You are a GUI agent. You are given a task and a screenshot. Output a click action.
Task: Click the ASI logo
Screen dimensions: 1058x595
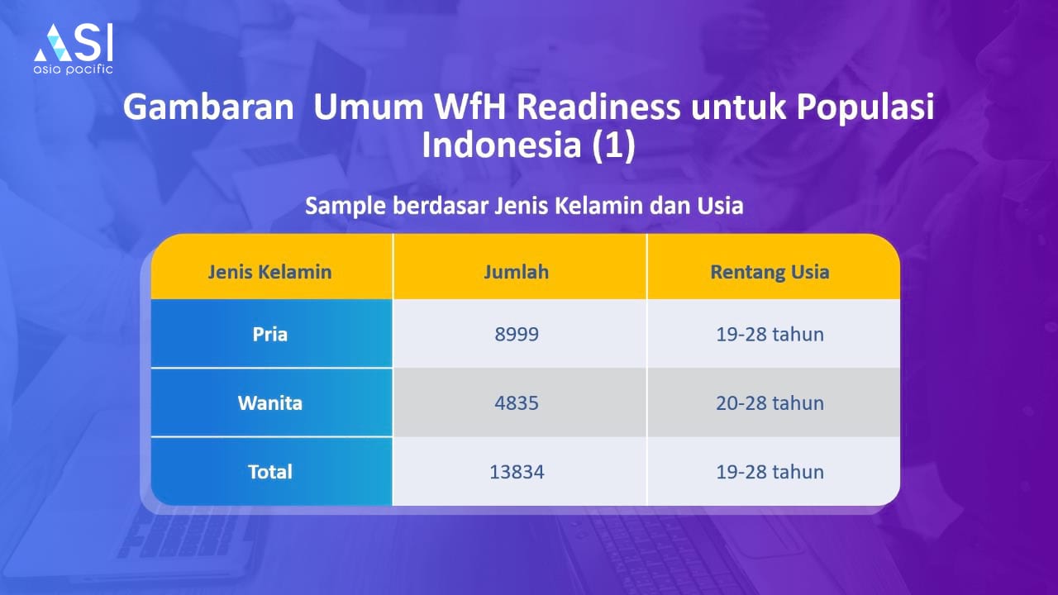pos(74,49)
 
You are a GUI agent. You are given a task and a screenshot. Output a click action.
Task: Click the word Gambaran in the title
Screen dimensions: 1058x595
pos(209,107)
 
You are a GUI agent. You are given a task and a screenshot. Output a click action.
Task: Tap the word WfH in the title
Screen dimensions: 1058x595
pos(469,107)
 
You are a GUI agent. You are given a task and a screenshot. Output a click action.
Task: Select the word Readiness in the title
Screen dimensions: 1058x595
pos(598,107)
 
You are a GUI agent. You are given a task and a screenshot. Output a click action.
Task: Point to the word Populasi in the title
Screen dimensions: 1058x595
pos(865,107)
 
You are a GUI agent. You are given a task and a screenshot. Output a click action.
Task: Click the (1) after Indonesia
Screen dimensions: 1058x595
pos(614,145)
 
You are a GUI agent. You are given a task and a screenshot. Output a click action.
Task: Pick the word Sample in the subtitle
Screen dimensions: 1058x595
pos(346,207)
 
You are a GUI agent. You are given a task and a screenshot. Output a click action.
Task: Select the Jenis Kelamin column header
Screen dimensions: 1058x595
pos(269,272)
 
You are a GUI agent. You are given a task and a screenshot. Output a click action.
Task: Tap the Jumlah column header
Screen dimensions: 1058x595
pos(517,272)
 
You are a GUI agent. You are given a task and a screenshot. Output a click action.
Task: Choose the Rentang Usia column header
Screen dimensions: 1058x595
pos(770,273)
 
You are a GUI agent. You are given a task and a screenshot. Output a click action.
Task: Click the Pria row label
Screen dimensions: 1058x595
pos(269,335)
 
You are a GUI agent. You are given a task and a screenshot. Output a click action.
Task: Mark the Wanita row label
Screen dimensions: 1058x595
pos(269,402)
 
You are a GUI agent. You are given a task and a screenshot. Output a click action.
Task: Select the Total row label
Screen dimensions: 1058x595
pos(269,472)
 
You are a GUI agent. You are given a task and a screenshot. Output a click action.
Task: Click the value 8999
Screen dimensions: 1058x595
pos(517,335)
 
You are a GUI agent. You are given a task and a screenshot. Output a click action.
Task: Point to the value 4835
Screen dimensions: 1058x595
pos(517,402)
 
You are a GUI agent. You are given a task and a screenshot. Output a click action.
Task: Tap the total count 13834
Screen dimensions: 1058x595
pos(517,472)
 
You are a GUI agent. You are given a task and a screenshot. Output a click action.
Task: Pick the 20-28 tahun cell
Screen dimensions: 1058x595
pos(770,402)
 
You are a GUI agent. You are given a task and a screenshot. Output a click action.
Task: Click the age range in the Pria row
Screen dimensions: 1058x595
pos(770,335)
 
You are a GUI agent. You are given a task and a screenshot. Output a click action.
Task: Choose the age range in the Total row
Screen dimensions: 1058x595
pos(770,472)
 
